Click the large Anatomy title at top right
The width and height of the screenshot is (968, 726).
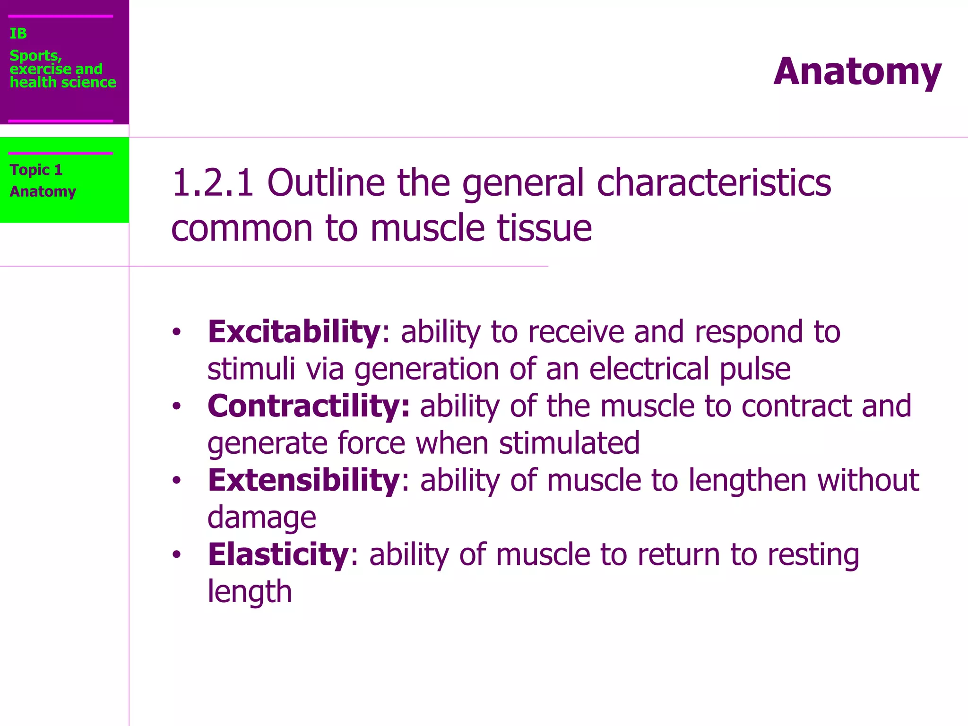tap(857, 72)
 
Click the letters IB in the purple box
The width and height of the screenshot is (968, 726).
tap(18, 34)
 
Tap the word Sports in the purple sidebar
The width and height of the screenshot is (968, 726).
tap(35, 56)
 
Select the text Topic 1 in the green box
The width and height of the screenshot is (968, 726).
tap(36, 170)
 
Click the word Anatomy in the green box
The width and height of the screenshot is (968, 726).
tap(43, 191)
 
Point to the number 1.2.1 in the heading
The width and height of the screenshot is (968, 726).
tap(213, 183)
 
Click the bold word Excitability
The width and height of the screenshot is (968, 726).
tap(294, 332)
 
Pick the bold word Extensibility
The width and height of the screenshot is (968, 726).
tap(304, 480)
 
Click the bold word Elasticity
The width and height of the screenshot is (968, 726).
tap(278, 554)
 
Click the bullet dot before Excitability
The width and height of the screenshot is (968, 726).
tap(176, 332)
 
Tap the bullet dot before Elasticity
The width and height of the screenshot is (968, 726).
tap(176, 555)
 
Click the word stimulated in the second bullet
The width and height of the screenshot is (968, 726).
tap(569, 443)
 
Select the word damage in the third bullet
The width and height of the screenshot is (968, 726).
tap(261, 518)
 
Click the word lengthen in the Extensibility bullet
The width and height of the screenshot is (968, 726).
tap(747, 480)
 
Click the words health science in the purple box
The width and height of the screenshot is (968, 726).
tap(63, 82)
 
